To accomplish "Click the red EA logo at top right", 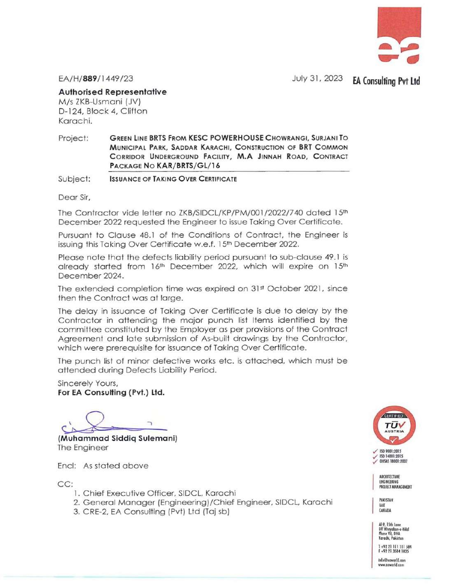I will [x=399, y=35].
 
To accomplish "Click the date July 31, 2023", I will [x=317, y=78].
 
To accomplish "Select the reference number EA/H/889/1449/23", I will [x=96, y=79].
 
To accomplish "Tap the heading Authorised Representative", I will [x=112, y=92].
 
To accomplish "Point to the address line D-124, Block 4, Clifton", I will [x=103, y=111].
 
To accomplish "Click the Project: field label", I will [x=73, y=138].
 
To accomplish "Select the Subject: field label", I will [x=74, y=179].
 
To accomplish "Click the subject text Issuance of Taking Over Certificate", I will [x=173, y=179].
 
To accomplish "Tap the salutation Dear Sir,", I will [x=74, y=197].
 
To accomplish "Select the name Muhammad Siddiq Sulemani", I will [x=117, y=438].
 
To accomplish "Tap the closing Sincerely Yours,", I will [x=88, y=383].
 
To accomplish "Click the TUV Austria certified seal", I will [x=394, y=425].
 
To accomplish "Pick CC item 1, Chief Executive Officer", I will [x=159, y=493].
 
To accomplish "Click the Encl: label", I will [x=67, y=466].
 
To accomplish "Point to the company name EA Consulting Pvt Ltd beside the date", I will [x=386, y=81].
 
